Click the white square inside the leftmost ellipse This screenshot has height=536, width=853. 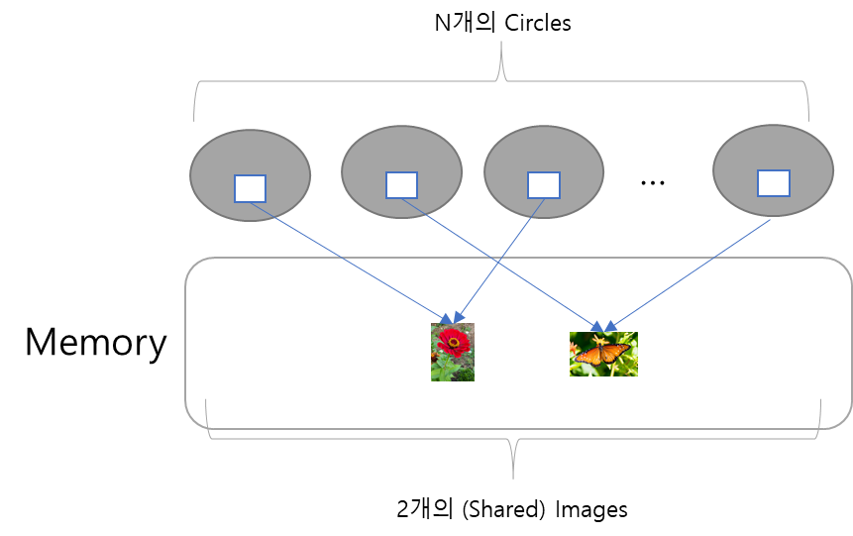pyautogui.click(x=250, y=188)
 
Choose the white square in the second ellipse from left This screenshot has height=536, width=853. pyautogui.click(x=401, y=185)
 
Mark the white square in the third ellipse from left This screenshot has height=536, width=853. pyautogui.click(x=544, y=185)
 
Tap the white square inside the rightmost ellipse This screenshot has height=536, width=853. pyautogui.click(x=774, y=183)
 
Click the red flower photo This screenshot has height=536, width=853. pyautogui.click(x=453, y=352)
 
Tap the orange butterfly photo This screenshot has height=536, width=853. pyautogui.click(x=603, y=354)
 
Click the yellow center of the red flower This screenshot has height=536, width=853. pyautogui.click(x=453, y=343)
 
